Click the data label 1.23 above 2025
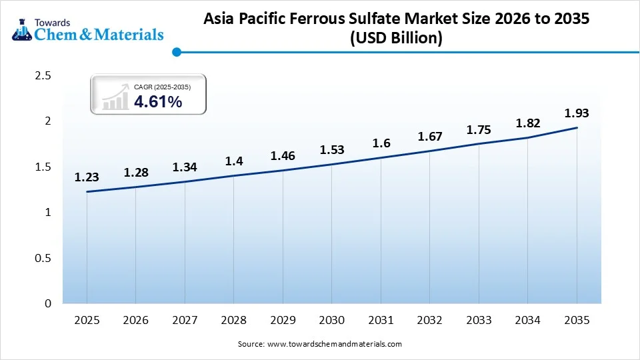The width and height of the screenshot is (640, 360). (87, 177)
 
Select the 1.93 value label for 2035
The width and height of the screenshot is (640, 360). (577, 113)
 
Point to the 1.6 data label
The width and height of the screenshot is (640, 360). (381, 143)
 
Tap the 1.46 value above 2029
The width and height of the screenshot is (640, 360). (283, 156)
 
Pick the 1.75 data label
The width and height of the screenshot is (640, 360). (479, 129)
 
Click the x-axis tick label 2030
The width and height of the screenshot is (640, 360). (331, 321)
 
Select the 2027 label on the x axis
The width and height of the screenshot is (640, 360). (185, 321)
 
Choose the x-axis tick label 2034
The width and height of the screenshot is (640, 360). (527, 321)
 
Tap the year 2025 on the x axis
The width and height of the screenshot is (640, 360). (87, 321)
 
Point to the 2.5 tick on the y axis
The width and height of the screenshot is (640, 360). (43, 75)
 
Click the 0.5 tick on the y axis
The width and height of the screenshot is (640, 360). (43, 258)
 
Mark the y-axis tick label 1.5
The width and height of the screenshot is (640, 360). (43, 167)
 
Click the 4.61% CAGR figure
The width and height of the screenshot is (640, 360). (158, 101)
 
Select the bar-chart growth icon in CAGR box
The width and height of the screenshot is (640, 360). (115, 97)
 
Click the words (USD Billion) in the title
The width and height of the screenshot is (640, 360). (396, 39)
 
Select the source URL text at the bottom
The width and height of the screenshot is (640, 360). (319, 344)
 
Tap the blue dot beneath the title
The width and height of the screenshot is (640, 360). (176, 51)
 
